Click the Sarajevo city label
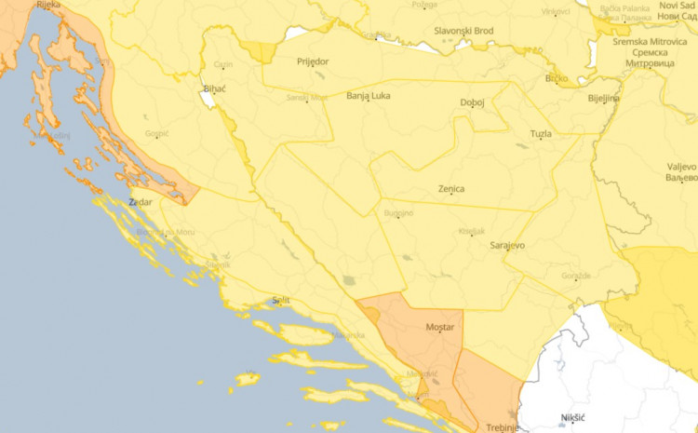[508, 245]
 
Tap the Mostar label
[439, 329]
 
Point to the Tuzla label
[540, 134]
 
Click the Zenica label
[450, 189]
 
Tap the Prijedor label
[313, 61]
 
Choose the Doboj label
[473, 102]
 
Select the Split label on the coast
[280, 300]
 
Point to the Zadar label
[141, 201]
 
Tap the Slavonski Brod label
[463, 31]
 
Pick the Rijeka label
[48, 5]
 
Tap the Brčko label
[557, 78]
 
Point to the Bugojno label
[398, 214]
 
